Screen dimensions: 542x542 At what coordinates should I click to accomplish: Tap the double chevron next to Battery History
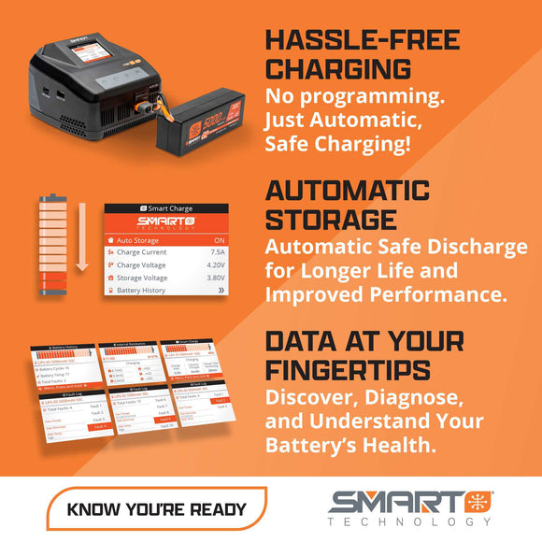[x=246, y=292]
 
